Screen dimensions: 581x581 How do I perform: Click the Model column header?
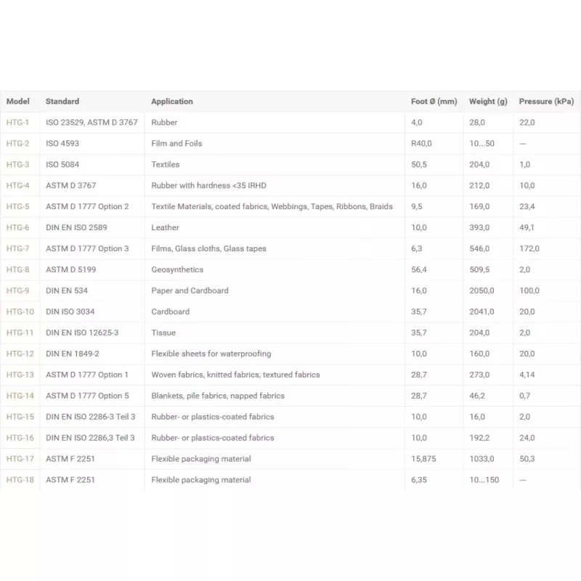coord(17,102)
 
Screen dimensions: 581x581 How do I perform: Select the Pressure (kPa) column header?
coord(546,102)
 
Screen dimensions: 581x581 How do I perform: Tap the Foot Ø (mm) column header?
coord(434,102)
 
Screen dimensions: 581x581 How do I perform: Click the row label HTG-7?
coord(17,248)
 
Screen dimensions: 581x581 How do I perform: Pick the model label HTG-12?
coord(20,354)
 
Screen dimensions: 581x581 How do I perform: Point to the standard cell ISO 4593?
coord(62,144)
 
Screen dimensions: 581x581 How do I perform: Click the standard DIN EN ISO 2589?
coord(76,227)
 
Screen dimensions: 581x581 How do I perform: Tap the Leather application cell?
coord(165,227)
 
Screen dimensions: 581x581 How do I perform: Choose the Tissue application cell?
coord(163,333)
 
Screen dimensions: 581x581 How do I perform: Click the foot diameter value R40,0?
coord(421,144)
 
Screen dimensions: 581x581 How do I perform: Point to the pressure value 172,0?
coord(529,248)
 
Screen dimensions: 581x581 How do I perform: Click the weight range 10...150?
coord(484,480)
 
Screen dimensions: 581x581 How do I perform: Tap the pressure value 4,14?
coord(527,375)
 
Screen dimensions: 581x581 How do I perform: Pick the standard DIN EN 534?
coord(67,290)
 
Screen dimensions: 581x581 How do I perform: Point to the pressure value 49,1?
coord(527,227)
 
